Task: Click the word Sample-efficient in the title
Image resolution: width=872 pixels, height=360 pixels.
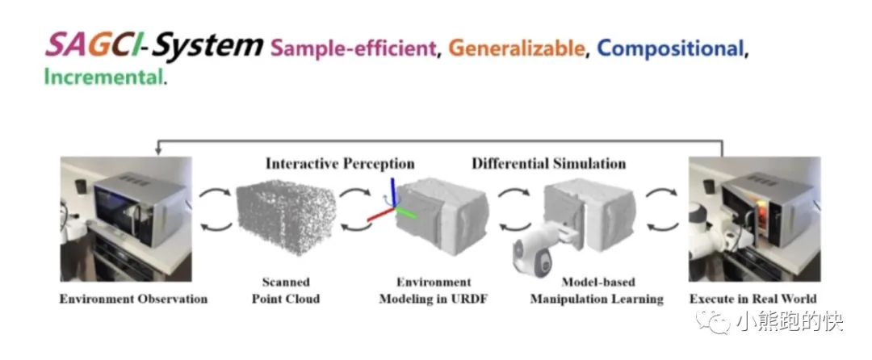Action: click(x=354, y=48)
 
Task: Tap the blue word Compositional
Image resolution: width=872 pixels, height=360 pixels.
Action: click(x=671, y=49)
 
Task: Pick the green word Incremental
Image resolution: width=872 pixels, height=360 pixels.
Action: click(x=103, y=77)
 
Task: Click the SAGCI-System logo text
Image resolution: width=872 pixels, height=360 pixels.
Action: click(x=153, y=45)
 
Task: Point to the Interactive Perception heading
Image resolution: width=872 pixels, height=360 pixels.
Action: click(x=340, y=163)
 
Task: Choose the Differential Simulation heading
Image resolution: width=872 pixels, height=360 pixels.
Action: click(x=549, y=163)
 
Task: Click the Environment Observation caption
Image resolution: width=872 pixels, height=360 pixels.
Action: click(x=133, y=299)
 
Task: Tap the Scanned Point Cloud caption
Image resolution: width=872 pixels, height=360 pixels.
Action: click(x=286, y=291)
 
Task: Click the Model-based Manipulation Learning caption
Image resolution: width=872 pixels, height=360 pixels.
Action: click(x=597, y=291)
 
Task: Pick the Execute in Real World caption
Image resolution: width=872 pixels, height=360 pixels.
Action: click(x=753, y=299)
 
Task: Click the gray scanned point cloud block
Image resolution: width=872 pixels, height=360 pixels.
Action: click(x=286, y=218)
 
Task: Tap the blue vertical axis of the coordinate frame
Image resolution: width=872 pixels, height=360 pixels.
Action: click(x=392, y=192)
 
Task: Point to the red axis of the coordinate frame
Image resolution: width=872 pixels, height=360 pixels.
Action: click(x=379, y=214)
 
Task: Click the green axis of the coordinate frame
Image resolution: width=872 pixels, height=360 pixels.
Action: click(x=407, y=211)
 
